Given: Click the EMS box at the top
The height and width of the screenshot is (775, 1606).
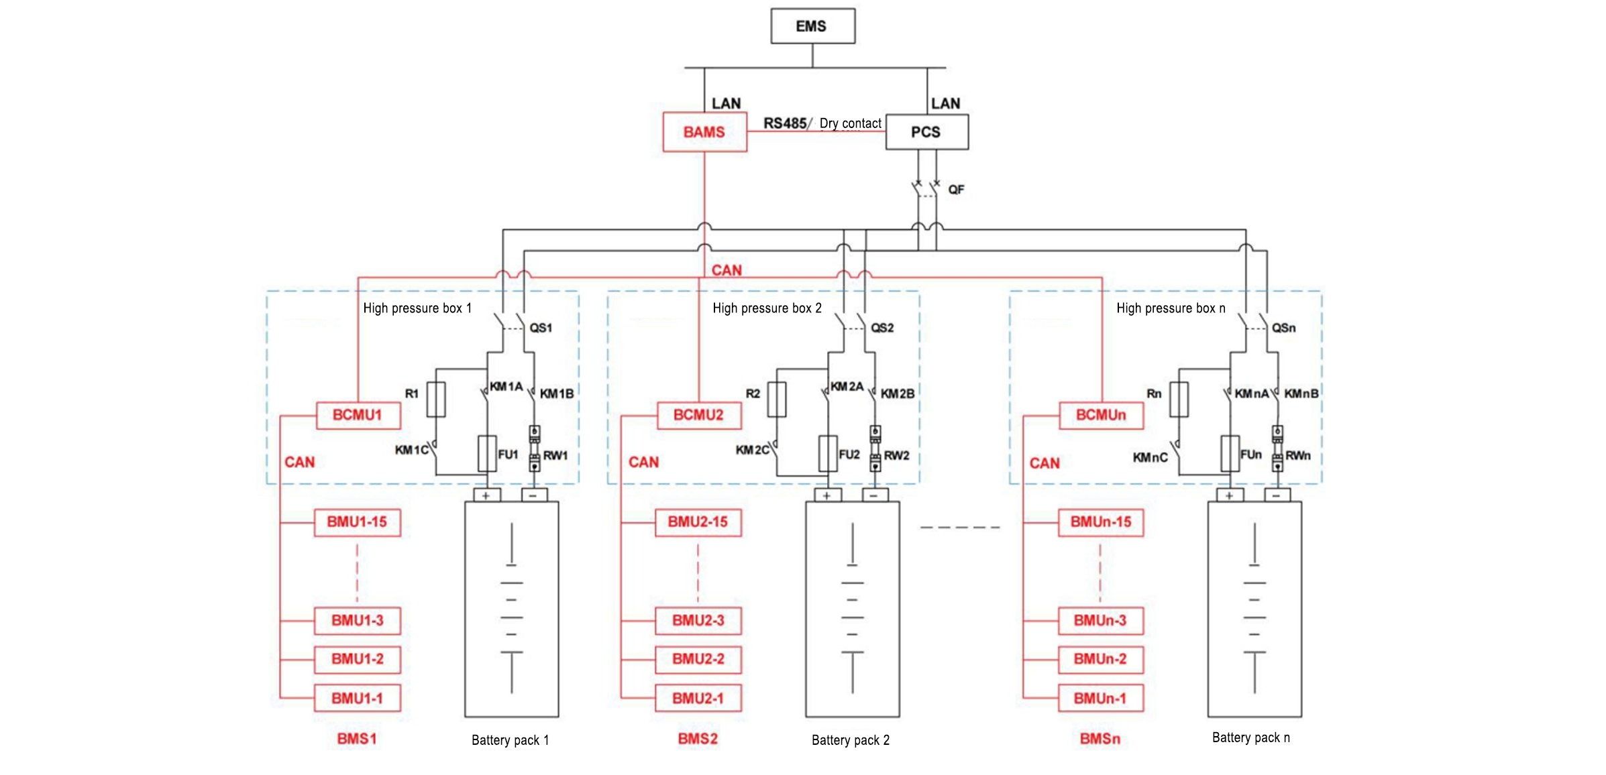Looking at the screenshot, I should (x=812, y=26).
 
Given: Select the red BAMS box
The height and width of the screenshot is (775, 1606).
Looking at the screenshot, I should (x=704, y=132).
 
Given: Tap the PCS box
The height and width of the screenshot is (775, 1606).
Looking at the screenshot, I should (x=926, y=132).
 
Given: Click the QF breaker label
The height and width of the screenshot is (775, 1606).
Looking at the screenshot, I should (x=956, y=190).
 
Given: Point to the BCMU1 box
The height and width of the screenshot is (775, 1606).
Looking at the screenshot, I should (x=358, y=415).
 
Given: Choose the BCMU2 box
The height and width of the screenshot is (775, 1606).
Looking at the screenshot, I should (x=698, y=415).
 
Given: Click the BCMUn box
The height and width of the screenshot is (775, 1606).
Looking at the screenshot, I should (x=1101, y=415).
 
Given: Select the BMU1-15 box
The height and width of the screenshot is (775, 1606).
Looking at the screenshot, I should (x=357, y=522).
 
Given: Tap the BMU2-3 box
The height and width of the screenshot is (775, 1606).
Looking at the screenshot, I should (x=698, y=621).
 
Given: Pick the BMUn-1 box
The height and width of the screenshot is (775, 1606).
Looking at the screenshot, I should (x=1100, y=699).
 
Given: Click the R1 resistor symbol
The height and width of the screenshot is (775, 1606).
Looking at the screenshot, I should (x=436, y=400).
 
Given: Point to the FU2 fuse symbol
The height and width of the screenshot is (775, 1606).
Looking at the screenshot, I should (x=828, y=453).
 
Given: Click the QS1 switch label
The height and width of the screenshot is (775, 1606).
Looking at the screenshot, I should (x=541, y=328).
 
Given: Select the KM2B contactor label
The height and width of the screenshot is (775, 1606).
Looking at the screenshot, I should (x=898, y=394).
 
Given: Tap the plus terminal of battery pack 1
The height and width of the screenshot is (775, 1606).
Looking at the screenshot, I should (x=486, y=495).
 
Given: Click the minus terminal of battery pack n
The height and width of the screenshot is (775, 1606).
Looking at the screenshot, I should (x=1277, y=495).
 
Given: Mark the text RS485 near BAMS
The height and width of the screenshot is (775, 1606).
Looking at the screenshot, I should (x=785, y=123).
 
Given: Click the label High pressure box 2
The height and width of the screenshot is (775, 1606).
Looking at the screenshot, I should (x=767, y=308).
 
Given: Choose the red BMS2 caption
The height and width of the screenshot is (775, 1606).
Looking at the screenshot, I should (x=698, y=739).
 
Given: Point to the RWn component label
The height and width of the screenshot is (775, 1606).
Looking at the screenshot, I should (x=1298, y=455).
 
